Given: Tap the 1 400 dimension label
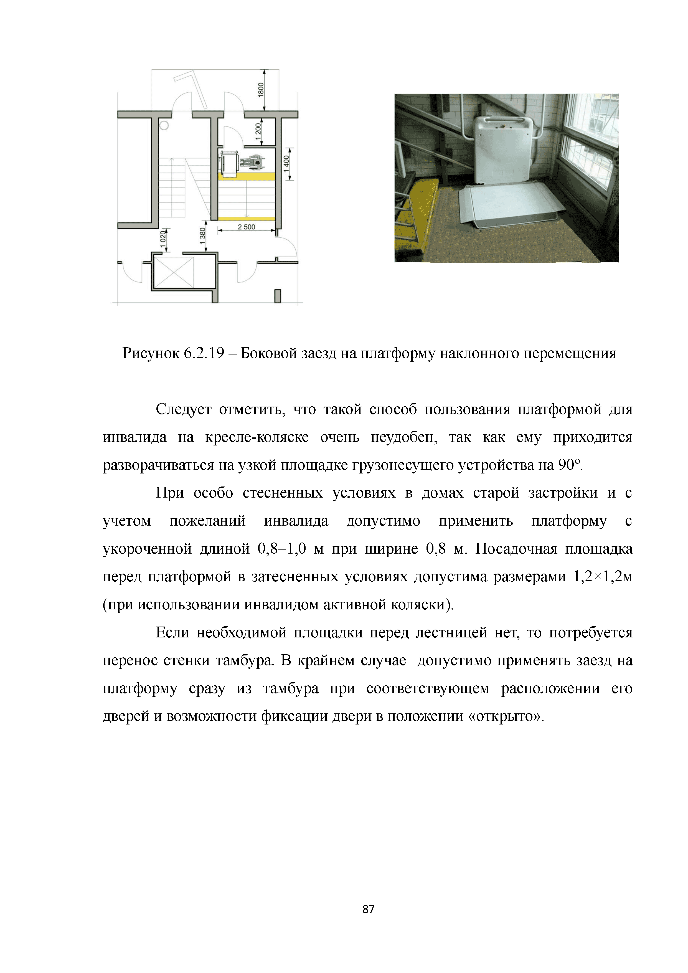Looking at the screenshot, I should pos(287,164).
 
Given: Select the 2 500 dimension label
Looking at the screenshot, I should pos(247,227).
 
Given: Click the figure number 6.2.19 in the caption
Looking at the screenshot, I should pos(204,353).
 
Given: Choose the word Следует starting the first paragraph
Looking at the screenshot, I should pos(183,409).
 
